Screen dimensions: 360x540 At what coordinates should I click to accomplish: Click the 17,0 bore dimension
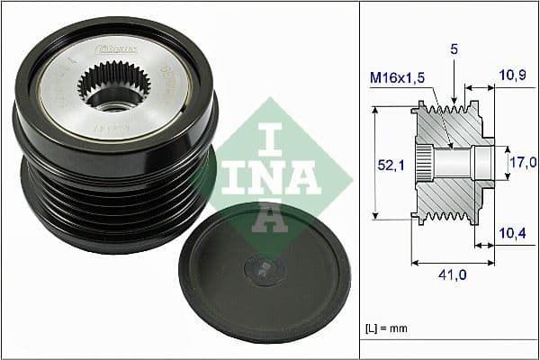click(523, 163)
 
